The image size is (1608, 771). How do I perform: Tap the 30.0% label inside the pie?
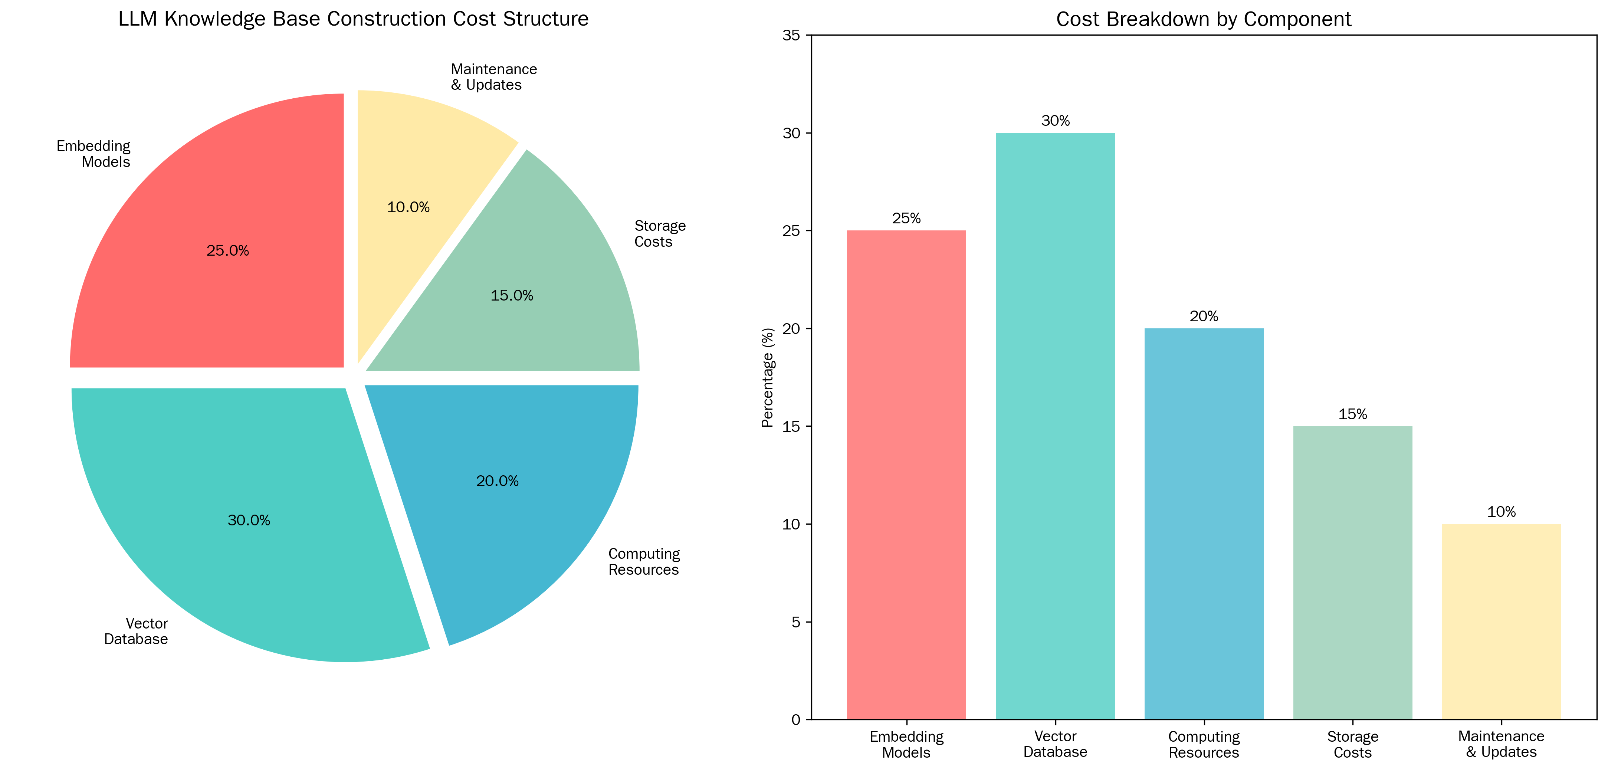pyautogui.click(x=249, y=520)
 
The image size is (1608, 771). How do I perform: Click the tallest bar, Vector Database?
pyautogui.click(x=1055, y=424)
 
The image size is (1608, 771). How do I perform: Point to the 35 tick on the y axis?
pyautogui.click(x=791, y=36)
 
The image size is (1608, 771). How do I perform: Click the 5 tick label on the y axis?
pyautogui.click(x=795, y=622)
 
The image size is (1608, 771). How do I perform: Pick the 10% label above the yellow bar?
pyautogui.click(x=1501, y=512)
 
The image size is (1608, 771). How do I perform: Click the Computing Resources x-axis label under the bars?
pyautogui.click(x=1204, y=744)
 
